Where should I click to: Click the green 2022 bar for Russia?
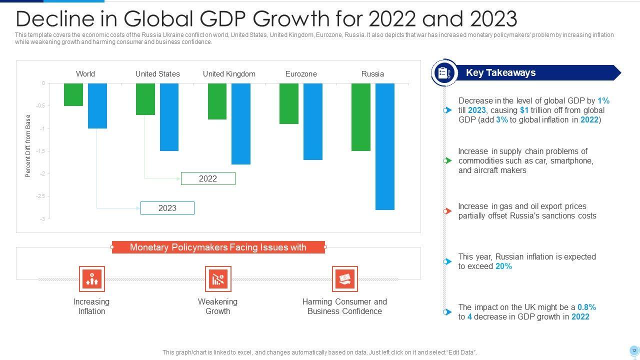[361, 117]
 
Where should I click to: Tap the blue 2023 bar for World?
[97, 106]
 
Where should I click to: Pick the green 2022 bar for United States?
[145, 99]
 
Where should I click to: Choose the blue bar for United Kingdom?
[241, 124]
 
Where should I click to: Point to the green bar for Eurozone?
[289, 103]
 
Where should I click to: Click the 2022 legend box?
[208, 178]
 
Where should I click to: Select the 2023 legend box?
[167, 208]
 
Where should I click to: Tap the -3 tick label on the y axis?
[42, 219]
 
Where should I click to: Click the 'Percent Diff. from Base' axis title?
[28, 146]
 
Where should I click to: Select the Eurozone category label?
[301, 74]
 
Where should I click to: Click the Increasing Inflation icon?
[92, 279]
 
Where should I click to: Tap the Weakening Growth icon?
[218, 279]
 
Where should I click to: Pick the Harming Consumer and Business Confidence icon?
[345, 279]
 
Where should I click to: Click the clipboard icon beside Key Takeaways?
[444, 73]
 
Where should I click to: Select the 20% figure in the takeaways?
[503, 266]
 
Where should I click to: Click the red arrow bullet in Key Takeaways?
[447, 211]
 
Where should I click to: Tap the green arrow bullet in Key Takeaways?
[447, 160]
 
